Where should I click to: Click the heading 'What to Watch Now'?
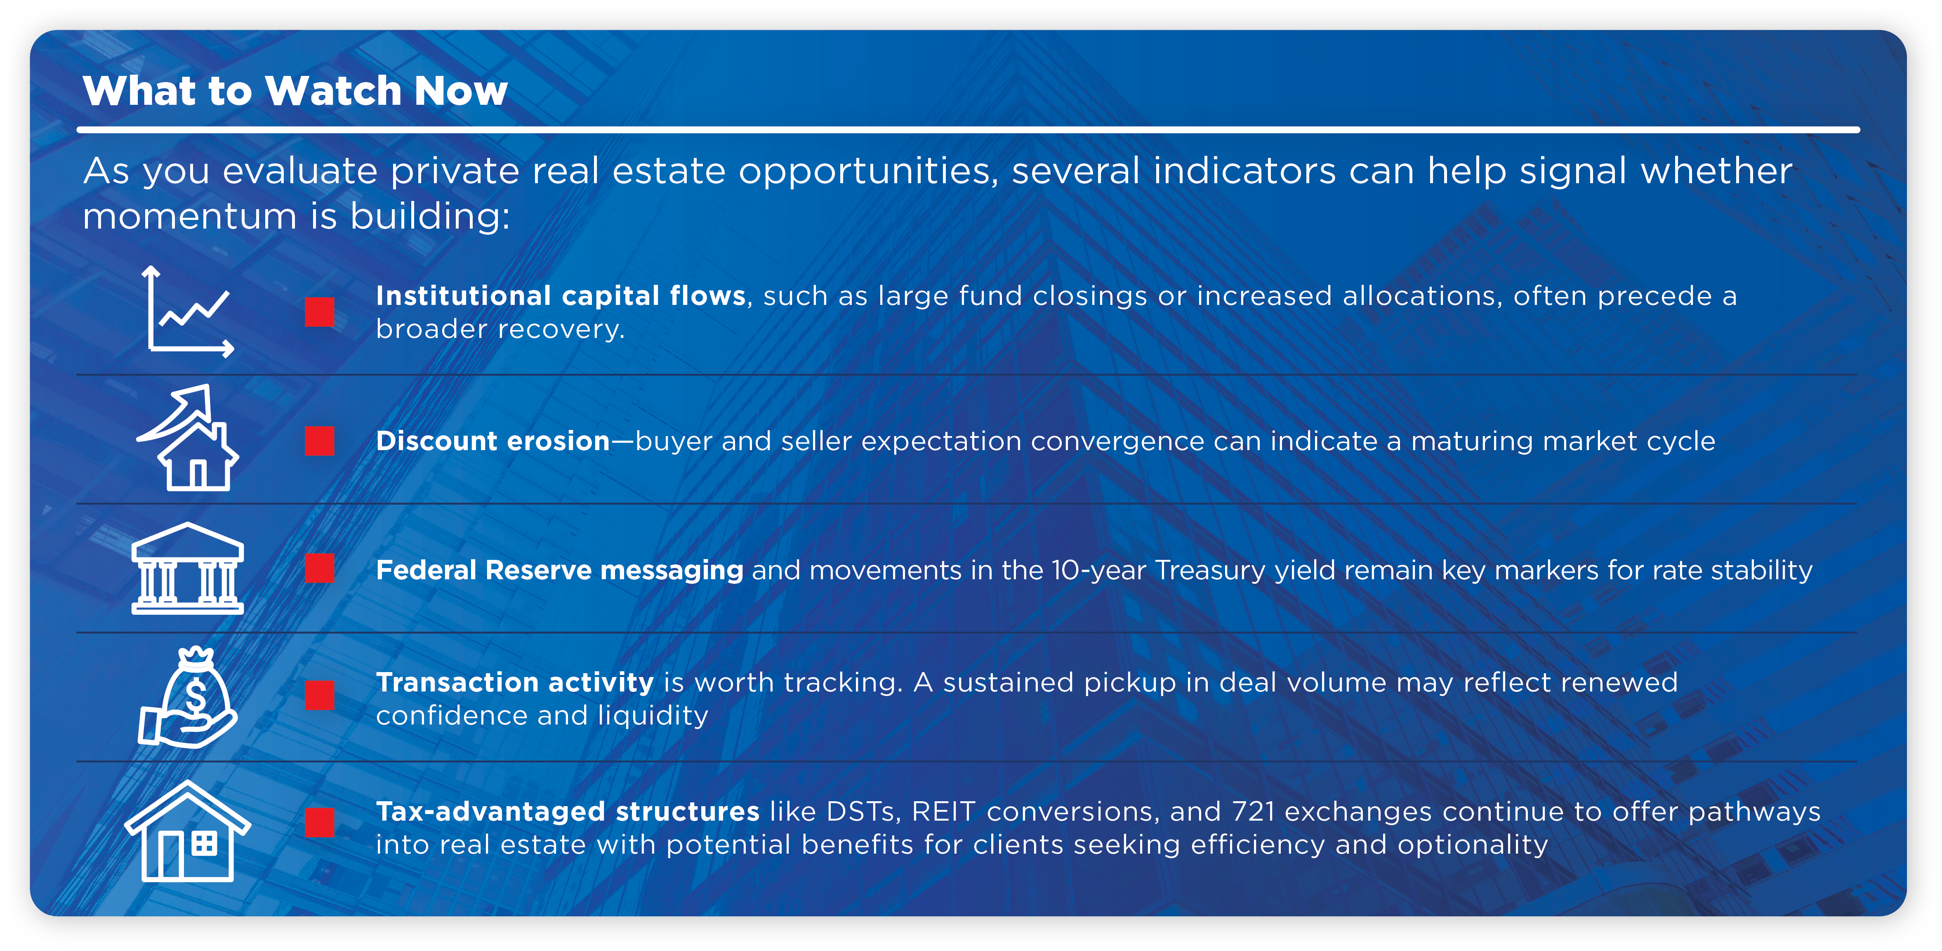[295, 91]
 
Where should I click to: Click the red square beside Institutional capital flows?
[320, 311]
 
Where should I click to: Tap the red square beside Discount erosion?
[320, 441]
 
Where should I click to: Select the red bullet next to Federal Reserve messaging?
[320, 569]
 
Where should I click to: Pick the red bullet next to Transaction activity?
[320, 695]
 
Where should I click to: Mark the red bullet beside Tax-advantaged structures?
[320, 823]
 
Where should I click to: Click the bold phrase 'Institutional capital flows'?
[560, 296]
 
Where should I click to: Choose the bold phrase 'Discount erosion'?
[492, 441]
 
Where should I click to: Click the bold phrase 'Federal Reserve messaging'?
[559, 570]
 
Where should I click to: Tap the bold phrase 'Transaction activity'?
[515, 682]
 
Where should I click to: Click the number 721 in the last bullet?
[1253, 812]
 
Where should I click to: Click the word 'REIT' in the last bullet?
[943, 812]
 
